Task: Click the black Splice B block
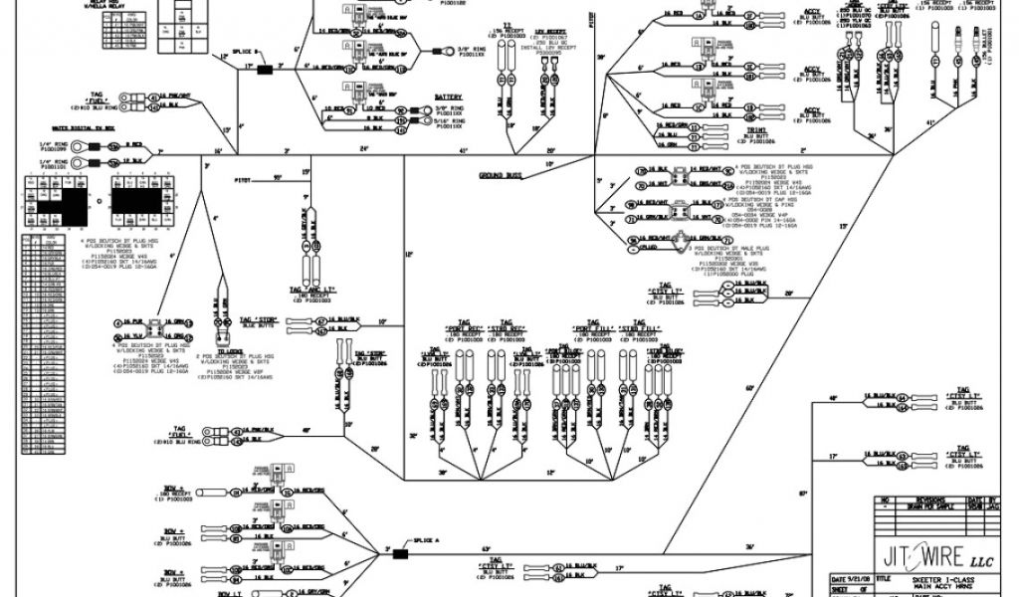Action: coord(266,70)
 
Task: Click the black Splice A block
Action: coord(403,554)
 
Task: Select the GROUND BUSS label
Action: coord(502,176)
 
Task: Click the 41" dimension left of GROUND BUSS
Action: coord(463,151)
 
